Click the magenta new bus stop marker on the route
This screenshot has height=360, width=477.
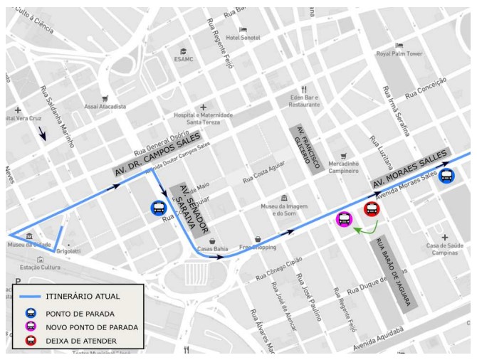344,219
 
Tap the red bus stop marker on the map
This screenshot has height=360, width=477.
371,209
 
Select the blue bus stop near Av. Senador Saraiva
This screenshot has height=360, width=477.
158,208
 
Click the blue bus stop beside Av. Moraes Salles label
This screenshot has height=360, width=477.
447,176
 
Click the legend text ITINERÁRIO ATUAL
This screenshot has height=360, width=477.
83,296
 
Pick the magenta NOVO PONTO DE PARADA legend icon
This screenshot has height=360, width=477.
31,327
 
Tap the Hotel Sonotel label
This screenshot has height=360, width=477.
243,37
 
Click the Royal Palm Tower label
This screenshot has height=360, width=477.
399,54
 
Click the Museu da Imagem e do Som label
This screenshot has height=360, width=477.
283,210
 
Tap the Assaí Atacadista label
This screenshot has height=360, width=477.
105,107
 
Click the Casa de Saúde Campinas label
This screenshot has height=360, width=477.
445,250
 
